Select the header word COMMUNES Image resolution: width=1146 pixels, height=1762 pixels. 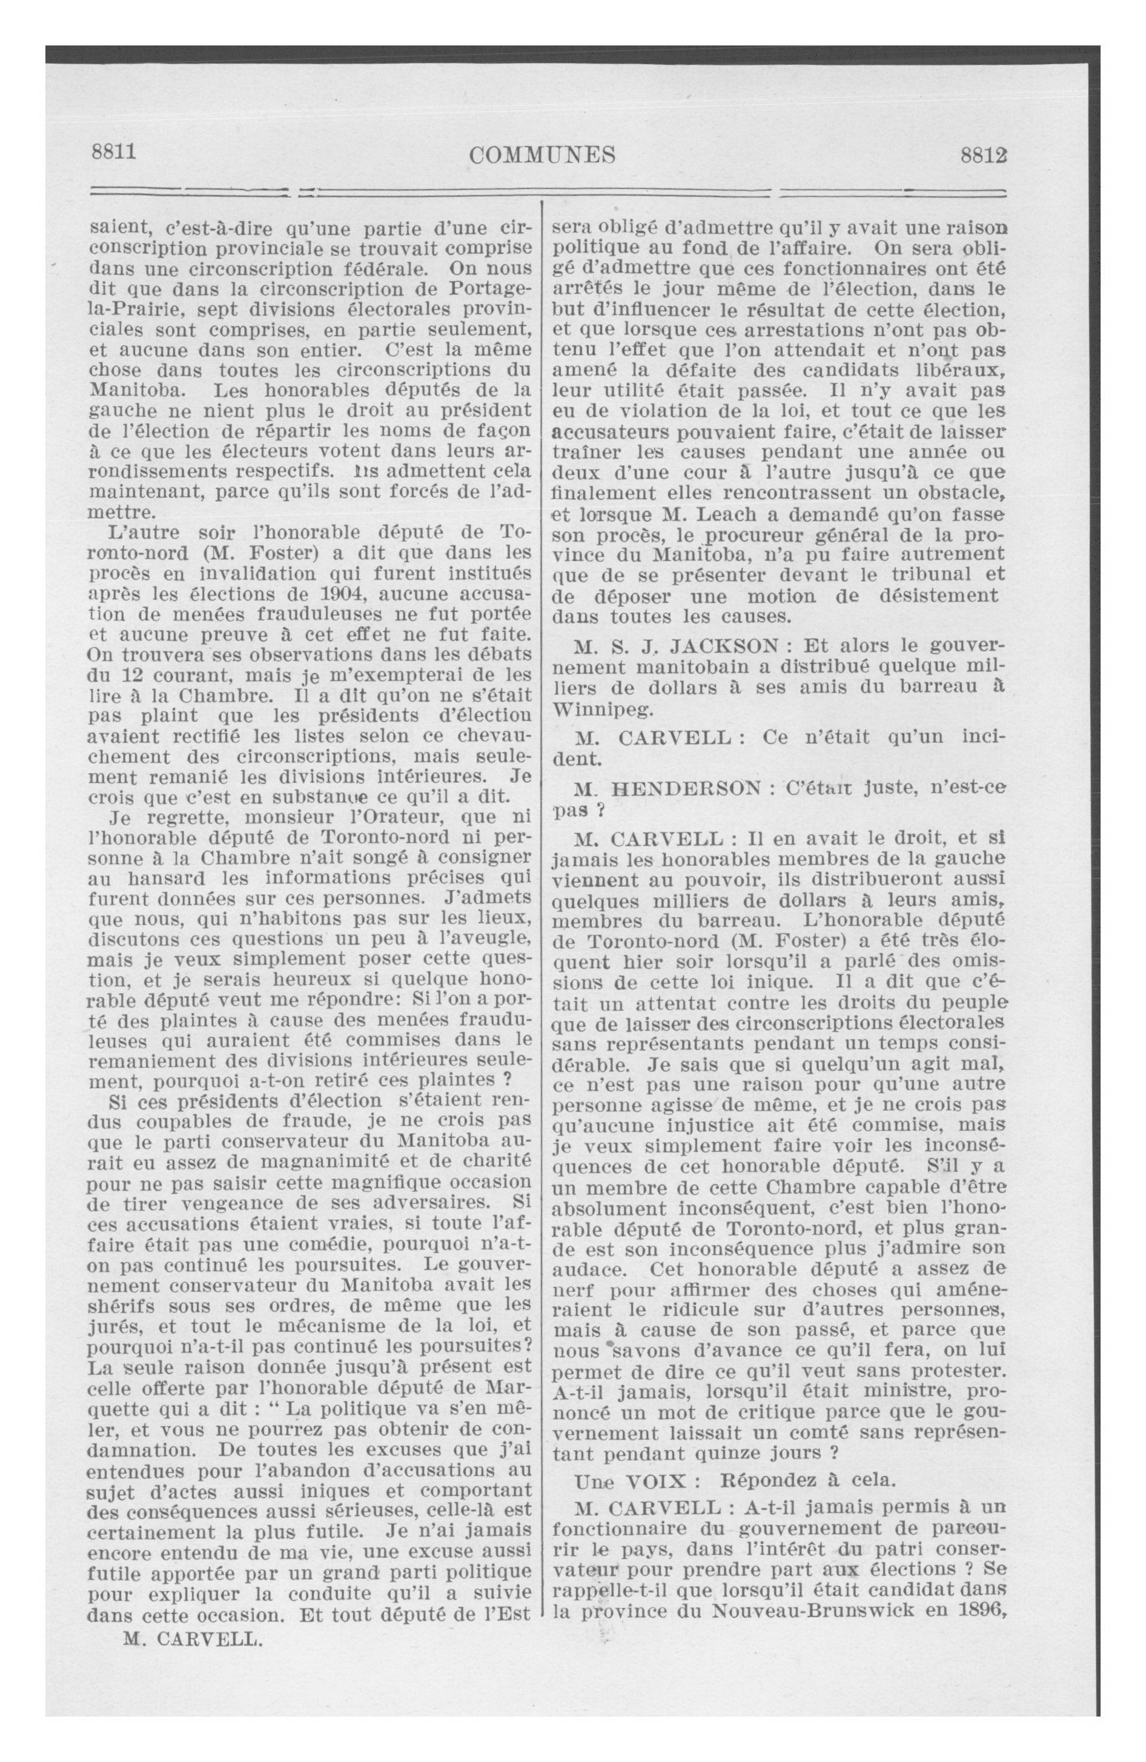pos(543,155)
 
